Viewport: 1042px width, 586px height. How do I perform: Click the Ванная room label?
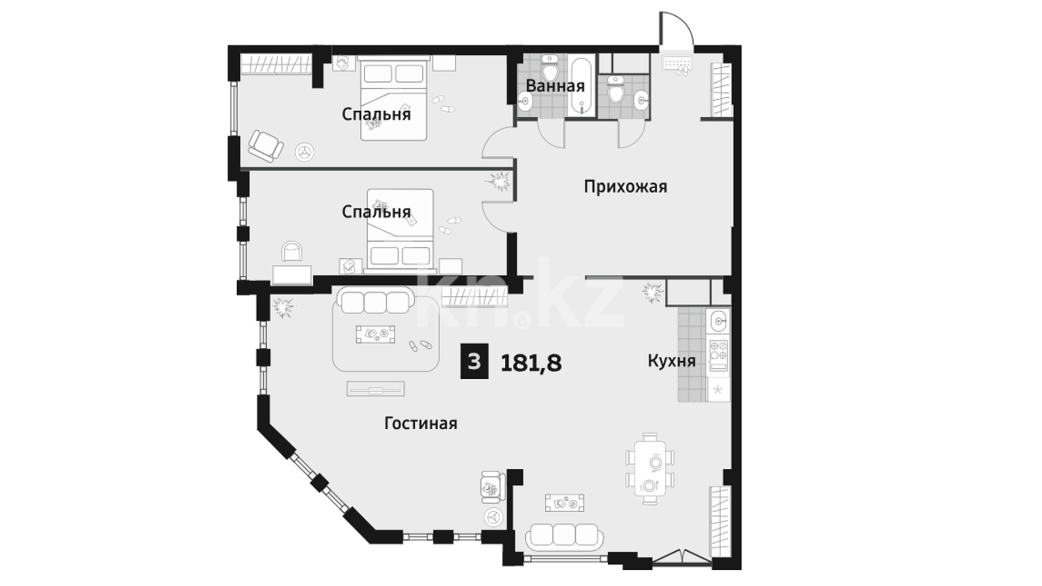(555, 86)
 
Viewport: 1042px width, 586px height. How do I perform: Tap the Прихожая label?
(625, 187)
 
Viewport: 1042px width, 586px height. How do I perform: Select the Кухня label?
(671, 361)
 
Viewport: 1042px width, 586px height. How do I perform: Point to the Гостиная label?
(421, 423)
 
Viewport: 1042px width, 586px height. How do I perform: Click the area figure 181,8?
(531, 362)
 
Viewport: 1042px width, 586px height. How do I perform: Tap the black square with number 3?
(474, 361)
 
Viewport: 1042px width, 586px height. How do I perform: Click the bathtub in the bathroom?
(582, 85)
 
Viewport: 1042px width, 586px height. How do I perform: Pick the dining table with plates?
(650, 468)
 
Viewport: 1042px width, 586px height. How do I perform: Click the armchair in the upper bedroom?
(266, 145)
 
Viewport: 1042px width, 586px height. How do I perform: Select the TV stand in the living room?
(376, 388)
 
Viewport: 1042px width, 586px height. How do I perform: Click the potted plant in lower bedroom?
(500, 181)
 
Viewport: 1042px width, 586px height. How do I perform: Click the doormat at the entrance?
(677, 63)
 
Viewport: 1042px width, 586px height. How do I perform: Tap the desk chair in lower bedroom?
(293, 252)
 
